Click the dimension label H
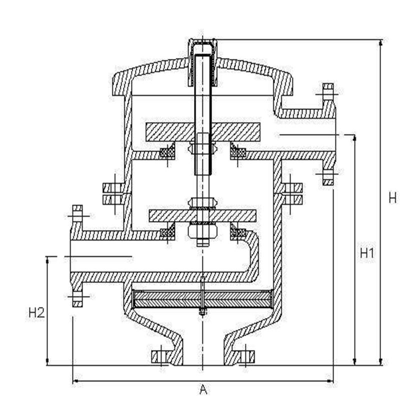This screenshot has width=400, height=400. tap(392, 197)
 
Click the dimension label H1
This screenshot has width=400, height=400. tap(367, 253)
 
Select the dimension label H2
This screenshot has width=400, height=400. tap(36, 313)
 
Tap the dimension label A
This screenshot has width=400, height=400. tap(203, 388)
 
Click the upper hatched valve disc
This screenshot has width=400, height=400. tap(202, 131)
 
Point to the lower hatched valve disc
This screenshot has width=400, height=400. tap(202, 215)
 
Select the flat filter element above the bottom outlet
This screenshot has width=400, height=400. tap(202, 298)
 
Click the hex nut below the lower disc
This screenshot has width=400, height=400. tap(202, 231)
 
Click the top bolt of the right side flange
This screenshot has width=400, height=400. tap(328, 92)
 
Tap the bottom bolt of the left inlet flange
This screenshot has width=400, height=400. tap(77, 299)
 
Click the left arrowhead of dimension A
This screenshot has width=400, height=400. tap(76, 381)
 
